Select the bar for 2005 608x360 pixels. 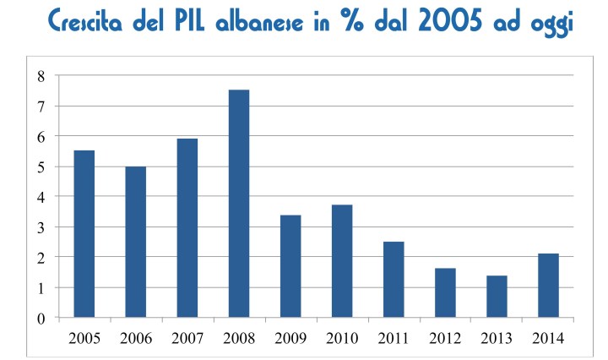[x=84, y=234]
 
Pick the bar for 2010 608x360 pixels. [x=343, y=261]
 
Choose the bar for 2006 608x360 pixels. [x=136, y=242]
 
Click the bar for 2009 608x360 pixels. [x=291, y=266]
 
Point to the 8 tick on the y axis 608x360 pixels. [x=40, y=76]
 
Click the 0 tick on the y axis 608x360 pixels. [x=40, y=318]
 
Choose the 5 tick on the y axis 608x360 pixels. [x=40, y=166]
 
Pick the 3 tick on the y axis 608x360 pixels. [x=40, y=227]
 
